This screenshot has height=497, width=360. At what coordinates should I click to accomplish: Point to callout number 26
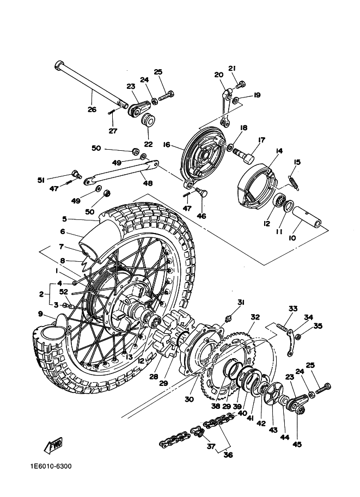91,109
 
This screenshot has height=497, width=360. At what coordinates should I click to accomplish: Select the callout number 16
167,145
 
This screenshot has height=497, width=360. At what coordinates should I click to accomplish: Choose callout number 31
240,302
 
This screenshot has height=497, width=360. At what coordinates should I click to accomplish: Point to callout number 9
40,314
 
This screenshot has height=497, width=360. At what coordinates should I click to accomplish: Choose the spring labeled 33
282,328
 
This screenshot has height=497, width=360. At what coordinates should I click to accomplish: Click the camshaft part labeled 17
245,155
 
